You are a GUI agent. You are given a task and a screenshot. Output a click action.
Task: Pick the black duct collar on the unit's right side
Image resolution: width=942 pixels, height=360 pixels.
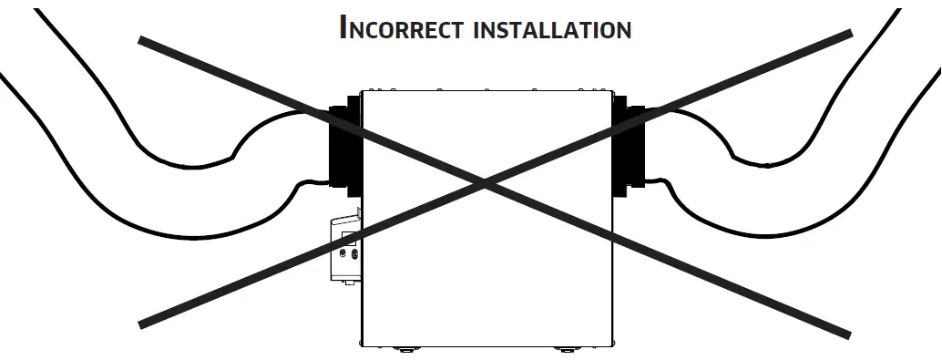(x=628, y=150)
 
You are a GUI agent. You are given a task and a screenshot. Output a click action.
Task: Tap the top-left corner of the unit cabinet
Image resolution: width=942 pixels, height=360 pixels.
(x=362, y=90)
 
